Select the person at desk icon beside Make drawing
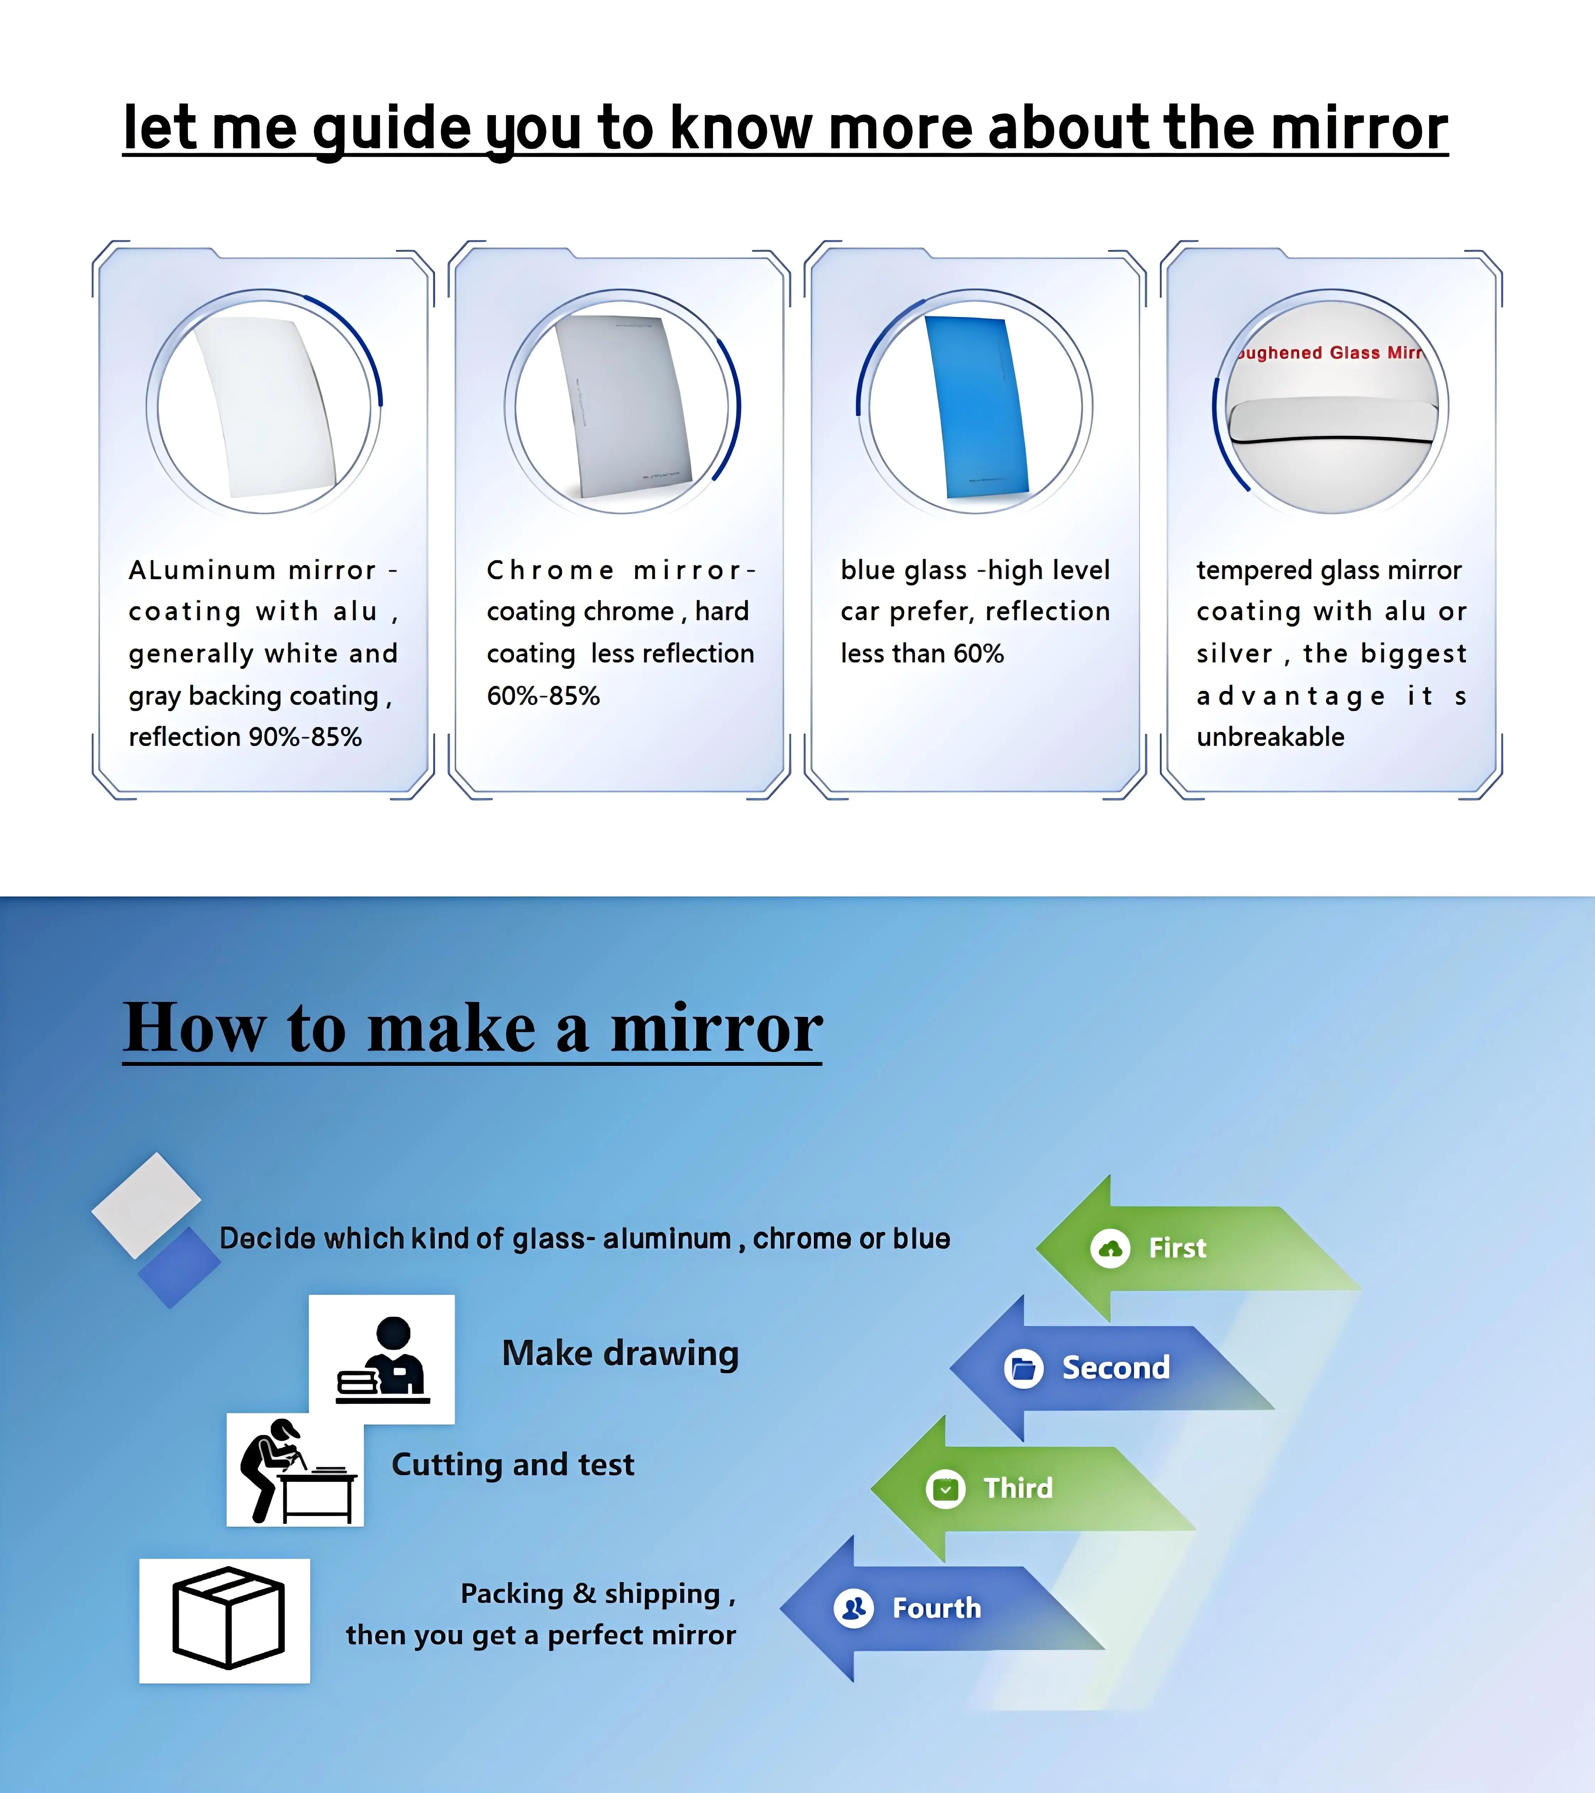pos(383,1358)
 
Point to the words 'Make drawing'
pos(620,1354)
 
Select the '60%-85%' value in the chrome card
pos(543,695)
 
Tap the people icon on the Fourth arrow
pos(854,1608)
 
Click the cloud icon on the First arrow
pos(1110,1248)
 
